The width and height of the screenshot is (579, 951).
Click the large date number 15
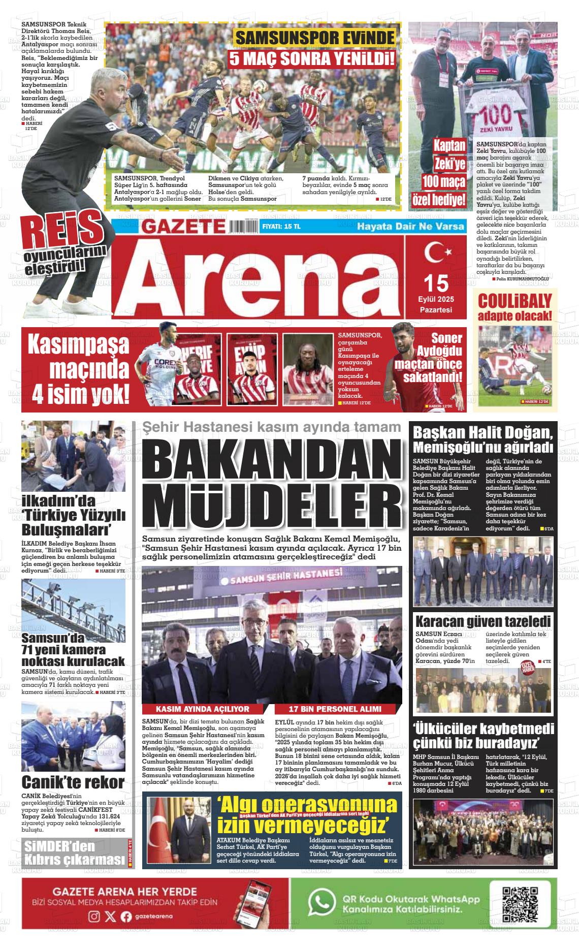[436, 282]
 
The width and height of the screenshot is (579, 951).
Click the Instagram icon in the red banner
[94, 916]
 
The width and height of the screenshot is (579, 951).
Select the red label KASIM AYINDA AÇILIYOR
[202, 709]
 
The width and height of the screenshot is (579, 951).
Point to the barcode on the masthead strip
[243, 226]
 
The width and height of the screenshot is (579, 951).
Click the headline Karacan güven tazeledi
[483, 621]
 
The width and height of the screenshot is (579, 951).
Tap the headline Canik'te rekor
[73, 782]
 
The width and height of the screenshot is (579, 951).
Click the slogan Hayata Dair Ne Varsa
[410, 226]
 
